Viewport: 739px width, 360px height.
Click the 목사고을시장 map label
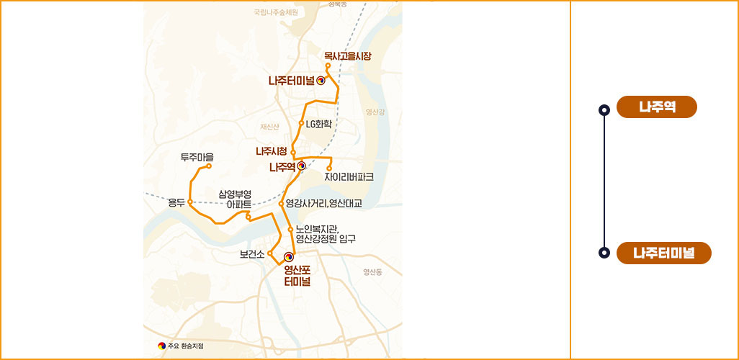(347, 55)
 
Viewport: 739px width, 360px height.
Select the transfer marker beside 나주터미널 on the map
(321, 81)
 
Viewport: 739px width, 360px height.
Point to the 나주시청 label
(272, 151)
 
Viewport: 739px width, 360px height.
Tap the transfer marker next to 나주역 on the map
(301, 166)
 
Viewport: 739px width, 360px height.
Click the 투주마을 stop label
(197, 157)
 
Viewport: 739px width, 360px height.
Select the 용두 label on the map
(176, 202)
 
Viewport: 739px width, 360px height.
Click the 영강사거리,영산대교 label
(323, 204)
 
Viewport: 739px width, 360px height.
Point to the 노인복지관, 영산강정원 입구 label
(326, 234)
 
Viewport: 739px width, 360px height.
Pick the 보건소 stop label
(253, 254)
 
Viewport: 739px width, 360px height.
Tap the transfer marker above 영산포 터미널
(289, 256)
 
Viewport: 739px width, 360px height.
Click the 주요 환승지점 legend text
(184, 346)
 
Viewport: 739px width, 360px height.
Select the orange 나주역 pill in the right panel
(657, 107)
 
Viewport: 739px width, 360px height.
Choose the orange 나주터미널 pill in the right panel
(663, 253)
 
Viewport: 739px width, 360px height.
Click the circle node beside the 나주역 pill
(604, 110)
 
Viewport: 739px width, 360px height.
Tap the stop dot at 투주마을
(209, 166)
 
